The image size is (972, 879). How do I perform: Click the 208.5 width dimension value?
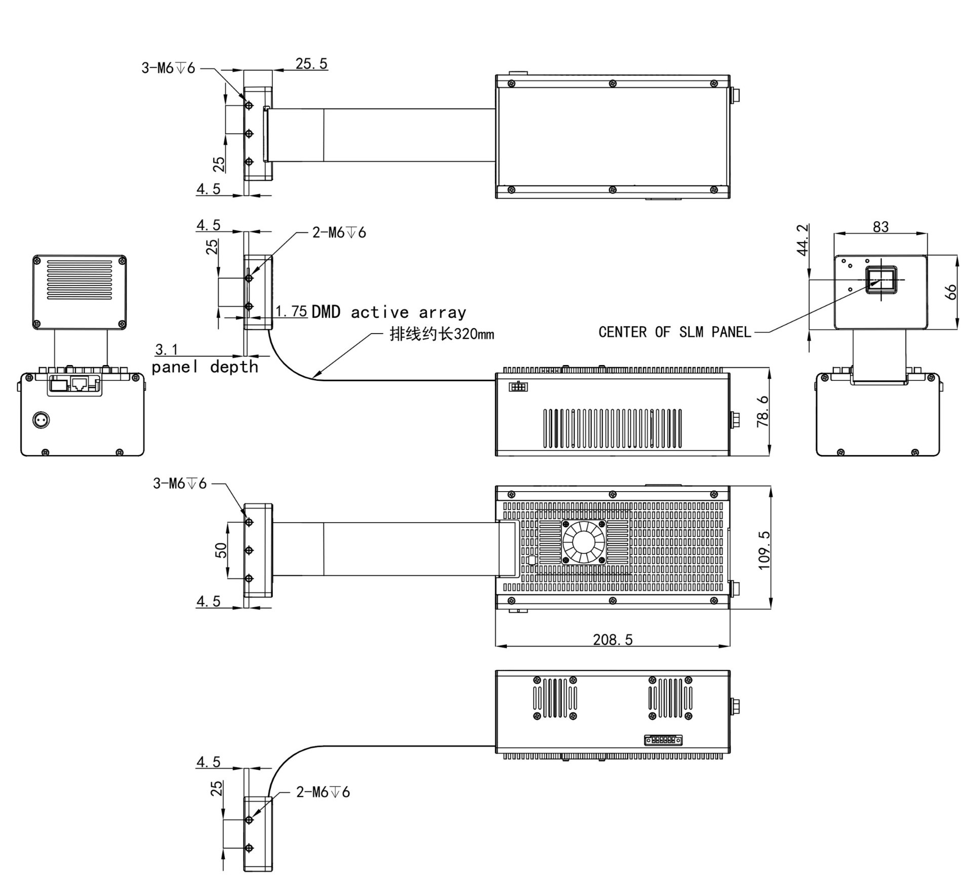[613, 640]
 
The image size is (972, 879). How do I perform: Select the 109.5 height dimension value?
[764, 550]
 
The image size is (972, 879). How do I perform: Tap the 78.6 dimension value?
[762, 411]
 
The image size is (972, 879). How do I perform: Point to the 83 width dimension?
[881, 227]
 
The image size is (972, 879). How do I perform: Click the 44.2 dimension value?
[802, 240]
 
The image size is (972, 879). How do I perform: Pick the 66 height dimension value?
[951, 292]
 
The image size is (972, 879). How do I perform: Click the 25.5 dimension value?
[311, 64]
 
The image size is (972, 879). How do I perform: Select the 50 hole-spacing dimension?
[221, 550]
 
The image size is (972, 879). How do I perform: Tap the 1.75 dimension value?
[292, 311]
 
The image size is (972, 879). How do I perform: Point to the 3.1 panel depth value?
[167, 349]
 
